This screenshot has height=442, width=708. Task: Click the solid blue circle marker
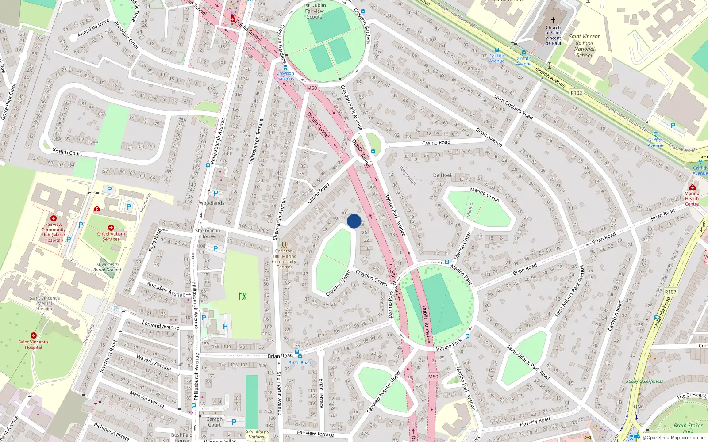point(354,221)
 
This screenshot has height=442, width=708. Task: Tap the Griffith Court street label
point(67,152)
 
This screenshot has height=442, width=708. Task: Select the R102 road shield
point(576,93)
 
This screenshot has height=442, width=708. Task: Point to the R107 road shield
point(670,292)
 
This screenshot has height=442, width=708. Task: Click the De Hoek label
point(442,175)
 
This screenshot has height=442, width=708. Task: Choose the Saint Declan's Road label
point(513,107)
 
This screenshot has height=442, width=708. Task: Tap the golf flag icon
point(242,296)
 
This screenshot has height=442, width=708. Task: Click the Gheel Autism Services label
point(111,236)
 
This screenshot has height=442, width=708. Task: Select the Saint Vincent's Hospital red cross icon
point(34,335)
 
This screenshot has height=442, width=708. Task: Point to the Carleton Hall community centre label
point(284,259)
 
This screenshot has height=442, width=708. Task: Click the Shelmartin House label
point(208,233)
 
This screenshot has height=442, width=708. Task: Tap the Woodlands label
point(212,203)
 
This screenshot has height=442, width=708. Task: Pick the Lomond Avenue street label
point(160,326)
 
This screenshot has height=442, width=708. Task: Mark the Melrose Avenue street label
point(147,399)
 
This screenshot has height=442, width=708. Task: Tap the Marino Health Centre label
point(692,198)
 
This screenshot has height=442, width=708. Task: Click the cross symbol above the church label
point(553,20)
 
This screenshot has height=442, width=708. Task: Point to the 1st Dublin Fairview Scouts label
point(315,11)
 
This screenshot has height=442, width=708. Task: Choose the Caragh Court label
point(215,422)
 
